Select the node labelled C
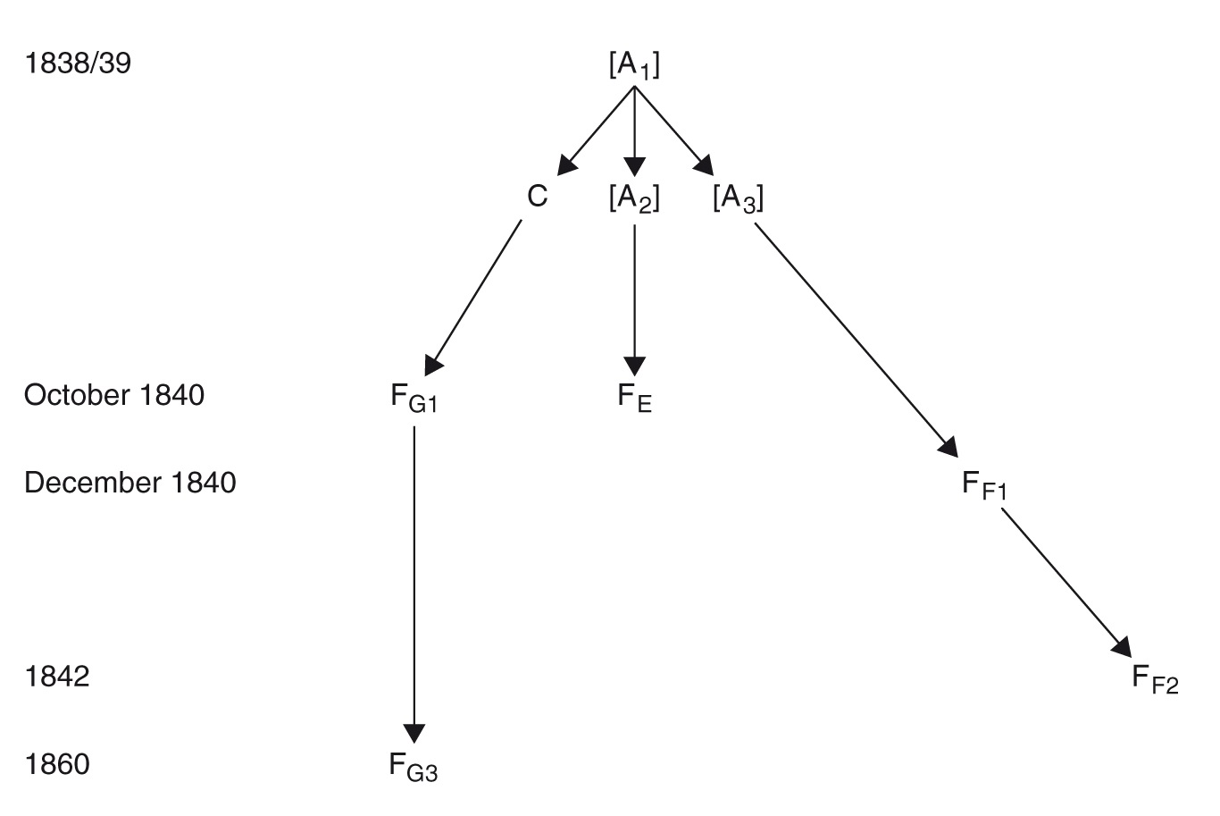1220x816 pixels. (537, 196)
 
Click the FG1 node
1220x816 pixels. (414, 398)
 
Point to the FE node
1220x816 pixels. (634, 398)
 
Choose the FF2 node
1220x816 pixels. (1156, 679)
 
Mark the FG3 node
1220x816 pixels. (414, 767)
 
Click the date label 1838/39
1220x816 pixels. (79, 63)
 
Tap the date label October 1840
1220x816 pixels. (114, 395)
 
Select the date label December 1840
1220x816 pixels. (130, 483)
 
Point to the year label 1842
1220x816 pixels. (57, 676)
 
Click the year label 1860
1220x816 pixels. (57, 765)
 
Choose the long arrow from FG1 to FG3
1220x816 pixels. (414, 581)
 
